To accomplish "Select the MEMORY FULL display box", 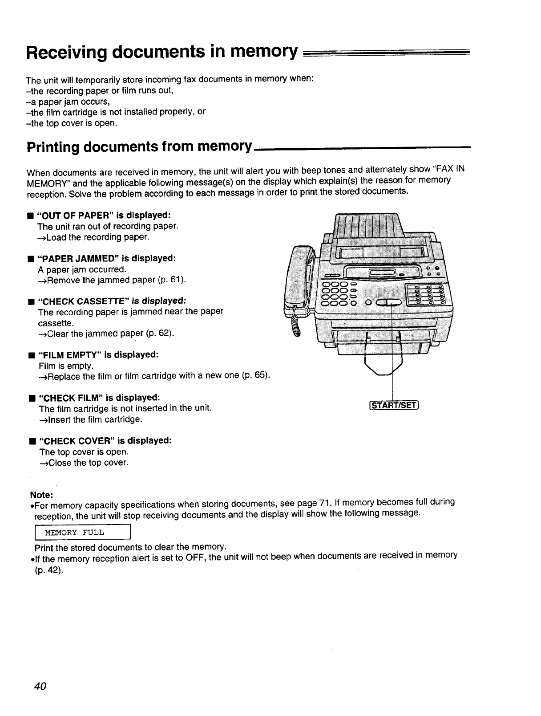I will [82, 533].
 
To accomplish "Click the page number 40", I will [40, 686].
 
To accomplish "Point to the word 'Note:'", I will [41, 495].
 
